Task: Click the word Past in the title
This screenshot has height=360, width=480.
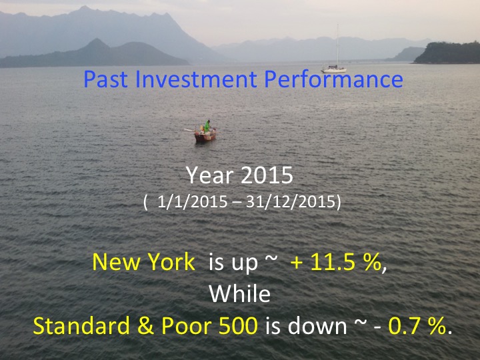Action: coord(105,79)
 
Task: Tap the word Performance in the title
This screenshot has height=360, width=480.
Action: coord(333,79)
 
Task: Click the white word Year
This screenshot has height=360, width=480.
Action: coord(210,176)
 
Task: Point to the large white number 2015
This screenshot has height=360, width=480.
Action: coord(267,176)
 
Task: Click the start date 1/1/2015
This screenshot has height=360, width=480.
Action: coord(192,202)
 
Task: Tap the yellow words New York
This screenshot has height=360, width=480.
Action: coord(143,262)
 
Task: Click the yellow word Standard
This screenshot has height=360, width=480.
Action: coord(81,325)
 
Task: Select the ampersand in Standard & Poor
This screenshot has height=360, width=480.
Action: coord(145,326)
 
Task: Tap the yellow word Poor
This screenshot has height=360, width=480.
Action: coord(187,326)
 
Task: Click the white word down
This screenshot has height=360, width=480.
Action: coord(317,326)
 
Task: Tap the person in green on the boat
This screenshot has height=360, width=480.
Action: coord(207,126)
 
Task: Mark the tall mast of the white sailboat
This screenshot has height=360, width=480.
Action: coord(337,45)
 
